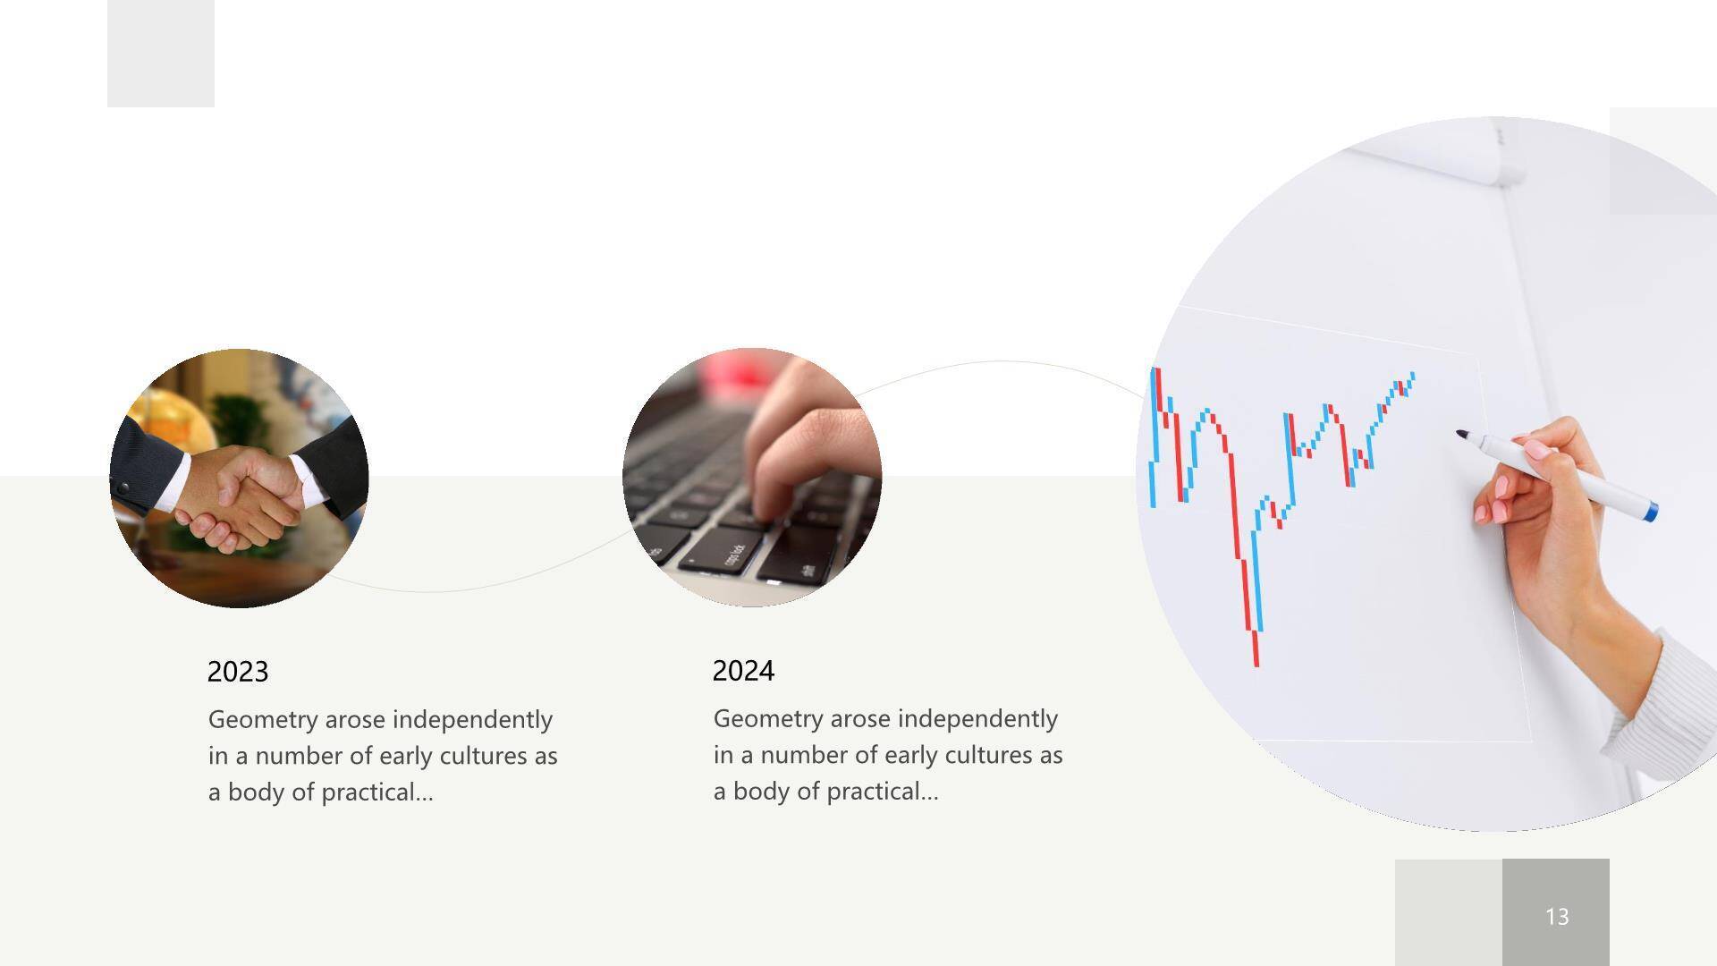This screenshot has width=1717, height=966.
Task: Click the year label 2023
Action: coord(238,672)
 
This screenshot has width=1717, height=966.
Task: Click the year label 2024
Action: coord(743,671)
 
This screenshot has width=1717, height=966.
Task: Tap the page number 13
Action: coord(1557,916)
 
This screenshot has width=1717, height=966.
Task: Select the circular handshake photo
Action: coord(239,479)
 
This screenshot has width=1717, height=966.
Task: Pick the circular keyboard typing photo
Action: coord(752,478)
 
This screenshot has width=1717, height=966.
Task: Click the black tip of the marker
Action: coord(1461,435)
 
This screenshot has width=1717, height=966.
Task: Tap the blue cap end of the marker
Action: coord(1651,512)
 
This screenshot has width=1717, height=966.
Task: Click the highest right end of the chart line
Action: coord(1412,375)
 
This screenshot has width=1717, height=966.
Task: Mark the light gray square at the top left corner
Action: coord(161,54)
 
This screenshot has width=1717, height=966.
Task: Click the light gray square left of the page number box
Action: coord(1449,912)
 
